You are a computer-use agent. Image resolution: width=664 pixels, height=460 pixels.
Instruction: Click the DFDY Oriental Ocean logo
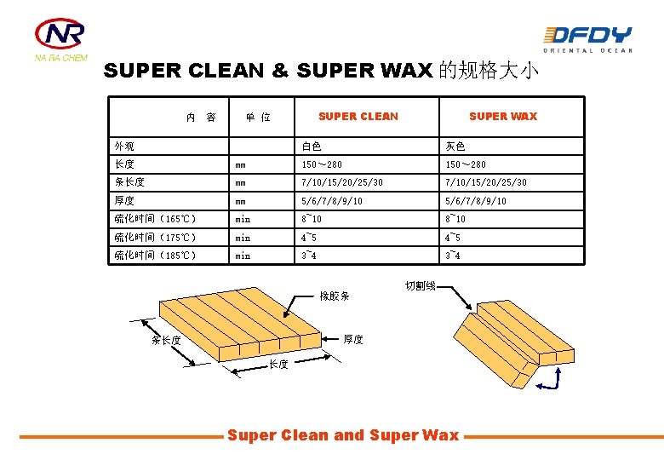[x=587, y=39]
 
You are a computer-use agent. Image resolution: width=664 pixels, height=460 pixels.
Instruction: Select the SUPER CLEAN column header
[x=358, y=117]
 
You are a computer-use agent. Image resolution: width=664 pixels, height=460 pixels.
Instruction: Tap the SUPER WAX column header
[x=503, y=117]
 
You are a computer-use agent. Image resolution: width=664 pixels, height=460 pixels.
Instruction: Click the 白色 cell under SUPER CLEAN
[x=312, y=147]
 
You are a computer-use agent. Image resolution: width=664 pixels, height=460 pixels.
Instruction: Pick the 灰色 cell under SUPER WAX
[x=455, y=147]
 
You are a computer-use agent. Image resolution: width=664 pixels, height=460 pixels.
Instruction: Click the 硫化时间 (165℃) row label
[x=156, y=219]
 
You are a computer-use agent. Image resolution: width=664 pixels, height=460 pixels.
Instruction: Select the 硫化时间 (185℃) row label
[x=156, y=256]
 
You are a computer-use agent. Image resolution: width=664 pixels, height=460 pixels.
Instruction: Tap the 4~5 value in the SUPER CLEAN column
[x=309, y=238]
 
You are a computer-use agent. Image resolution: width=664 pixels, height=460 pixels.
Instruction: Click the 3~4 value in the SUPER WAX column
[x=453, y=256]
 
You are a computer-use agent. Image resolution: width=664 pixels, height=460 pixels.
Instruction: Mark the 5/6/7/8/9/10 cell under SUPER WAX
[x=476, y=201]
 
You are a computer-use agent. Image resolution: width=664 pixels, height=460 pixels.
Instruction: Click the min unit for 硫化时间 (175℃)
[x=243, y=238]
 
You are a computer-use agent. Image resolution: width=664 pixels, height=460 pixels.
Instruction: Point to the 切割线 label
[x=420, y=286]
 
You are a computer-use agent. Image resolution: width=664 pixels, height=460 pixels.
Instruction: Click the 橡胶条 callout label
[x=335, y=296]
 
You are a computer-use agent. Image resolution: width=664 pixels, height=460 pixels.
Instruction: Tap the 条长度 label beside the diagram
[x=166, y=340]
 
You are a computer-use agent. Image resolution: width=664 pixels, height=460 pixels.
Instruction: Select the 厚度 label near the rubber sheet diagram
[x=353, y=339]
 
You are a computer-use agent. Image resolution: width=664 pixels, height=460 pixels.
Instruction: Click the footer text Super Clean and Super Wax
[x=343, y=435]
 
